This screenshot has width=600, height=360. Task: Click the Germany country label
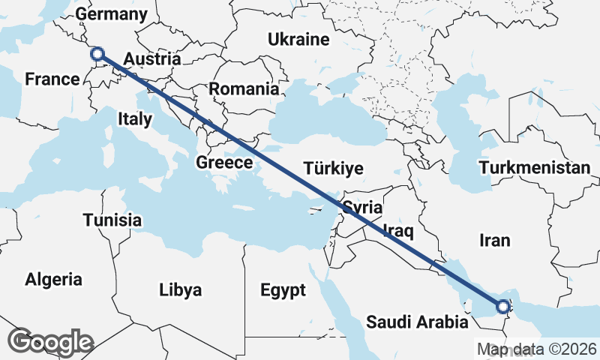click(x=112, y=14)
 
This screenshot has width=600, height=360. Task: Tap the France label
click(x=52, y=79)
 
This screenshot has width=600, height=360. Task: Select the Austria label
click(x=151, y=59)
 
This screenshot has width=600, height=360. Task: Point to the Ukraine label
click(x=299, y=39)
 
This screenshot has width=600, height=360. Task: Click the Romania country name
click(x=244, y=88)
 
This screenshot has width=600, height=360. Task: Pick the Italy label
click(x=135, y=118)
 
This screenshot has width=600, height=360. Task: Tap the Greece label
click(x=224, y=163)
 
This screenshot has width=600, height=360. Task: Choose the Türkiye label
click(x=333, y=167)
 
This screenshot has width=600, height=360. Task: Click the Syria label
click(x=363, y=208)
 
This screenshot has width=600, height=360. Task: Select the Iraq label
click(x=398, y=229)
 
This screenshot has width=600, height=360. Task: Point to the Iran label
click(x=495, y=240)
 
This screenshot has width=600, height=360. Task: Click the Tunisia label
click(x=112, y=220)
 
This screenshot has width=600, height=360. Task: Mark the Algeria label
click(x=54, y=280)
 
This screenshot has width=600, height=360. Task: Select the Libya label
click(x=181, y=289)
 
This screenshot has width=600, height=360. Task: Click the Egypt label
click(x=283, y=289)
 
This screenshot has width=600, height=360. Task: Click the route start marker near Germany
click(x=96, y=54)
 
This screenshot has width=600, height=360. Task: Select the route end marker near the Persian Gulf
click(x=502, y=306)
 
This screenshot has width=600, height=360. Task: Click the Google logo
click(x=51, y=342)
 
